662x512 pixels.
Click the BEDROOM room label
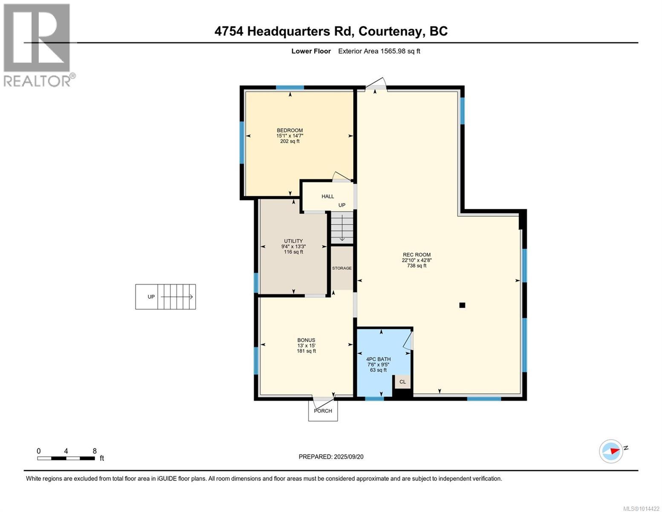[290, 131]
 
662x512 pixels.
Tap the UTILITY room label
[293, 241]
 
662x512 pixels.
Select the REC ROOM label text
[416, 255]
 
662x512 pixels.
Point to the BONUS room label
[306, 340]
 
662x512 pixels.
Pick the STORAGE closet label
[342, 268]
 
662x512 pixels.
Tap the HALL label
[328, 196]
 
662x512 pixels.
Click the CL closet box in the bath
[402, 382]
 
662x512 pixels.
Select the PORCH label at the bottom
[323, 411]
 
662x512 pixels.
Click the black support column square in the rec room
[462, 305]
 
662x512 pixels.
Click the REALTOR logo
[37, 45]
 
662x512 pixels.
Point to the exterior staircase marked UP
[166, 297]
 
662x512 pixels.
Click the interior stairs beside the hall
[342, 228]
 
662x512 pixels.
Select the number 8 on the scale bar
[95, 451]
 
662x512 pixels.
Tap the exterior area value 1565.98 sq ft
[379, 51]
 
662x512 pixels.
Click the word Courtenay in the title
[391, 31]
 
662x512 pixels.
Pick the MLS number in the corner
[642, 508]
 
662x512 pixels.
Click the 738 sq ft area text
[416, 266]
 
